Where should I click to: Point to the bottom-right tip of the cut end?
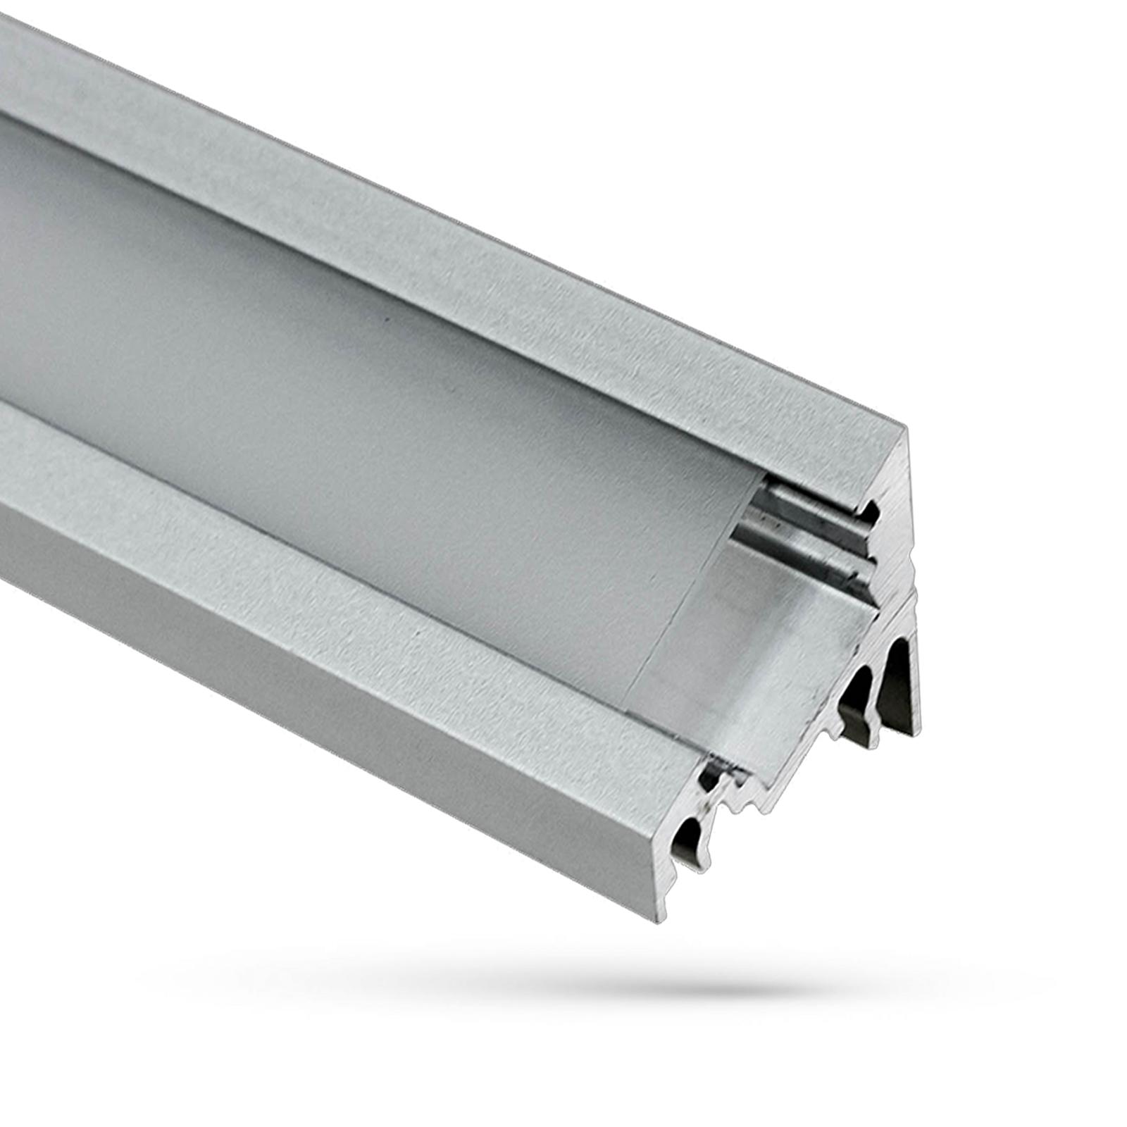pos(917,733)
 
